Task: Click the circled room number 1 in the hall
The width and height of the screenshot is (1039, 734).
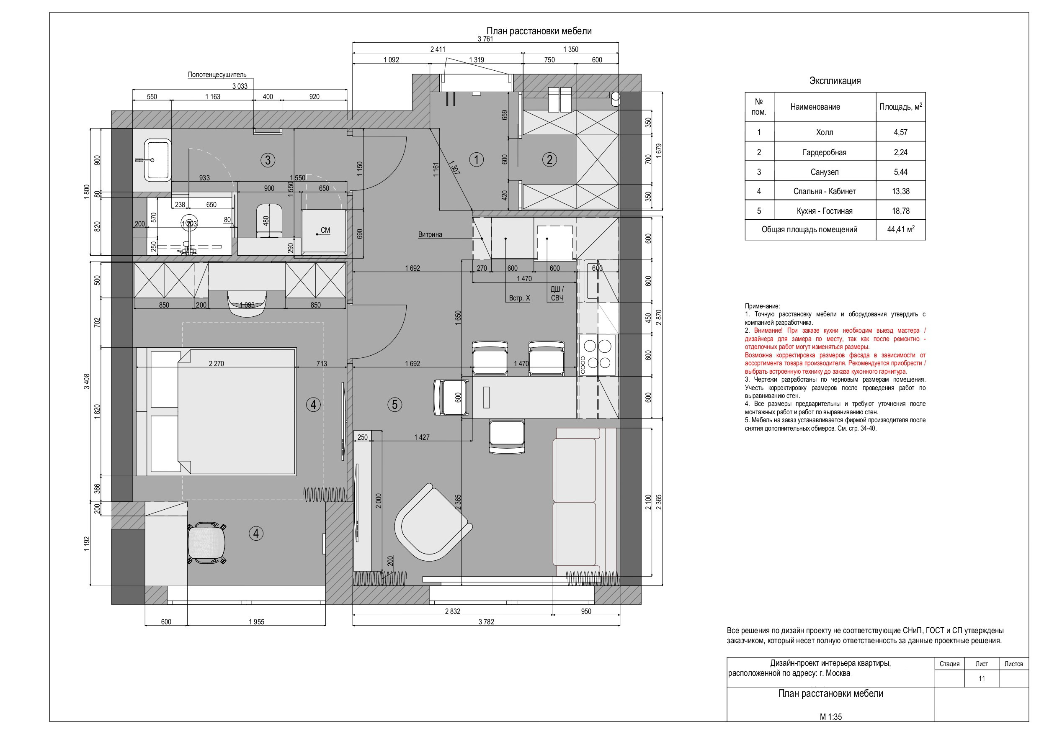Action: point(476,159)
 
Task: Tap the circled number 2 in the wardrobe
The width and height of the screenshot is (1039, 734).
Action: point(549,159)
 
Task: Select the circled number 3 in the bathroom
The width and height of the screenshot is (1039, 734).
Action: point(268,159)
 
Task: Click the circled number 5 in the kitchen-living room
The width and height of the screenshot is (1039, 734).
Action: point(394,404)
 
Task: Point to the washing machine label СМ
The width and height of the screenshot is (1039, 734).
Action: point(325,230)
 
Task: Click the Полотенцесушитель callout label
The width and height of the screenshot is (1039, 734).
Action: point(217,74)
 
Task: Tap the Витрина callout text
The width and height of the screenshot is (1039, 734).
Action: point(430,234)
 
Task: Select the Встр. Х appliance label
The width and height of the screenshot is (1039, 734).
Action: point(519,298)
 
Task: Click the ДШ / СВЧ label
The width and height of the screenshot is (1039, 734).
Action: point(557,293)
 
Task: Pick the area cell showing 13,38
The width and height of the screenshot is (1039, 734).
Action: point(900,191)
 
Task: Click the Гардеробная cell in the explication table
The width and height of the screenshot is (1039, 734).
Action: point(825,152)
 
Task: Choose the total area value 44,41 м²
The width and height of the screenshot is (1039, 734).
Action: point(900,229)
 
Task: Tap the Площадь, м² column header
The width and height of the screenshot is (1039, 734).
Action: point(900,107)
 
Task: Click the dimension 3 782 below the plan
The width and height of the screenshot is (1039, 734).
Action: point(487,622)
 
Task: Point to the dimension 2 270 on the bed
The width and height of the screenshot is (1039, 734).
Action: point(217,363)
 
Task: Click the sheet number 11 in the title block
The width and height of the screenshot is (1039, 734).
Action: point(982,678)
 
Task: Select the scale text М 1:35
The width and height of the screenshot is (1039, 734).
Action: point(831,717)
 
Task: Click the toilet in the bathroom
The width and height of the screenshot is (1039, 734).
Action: point(269,221)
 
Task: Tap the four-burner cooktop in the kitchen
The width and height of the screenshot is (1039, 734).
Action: point(597,355)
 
